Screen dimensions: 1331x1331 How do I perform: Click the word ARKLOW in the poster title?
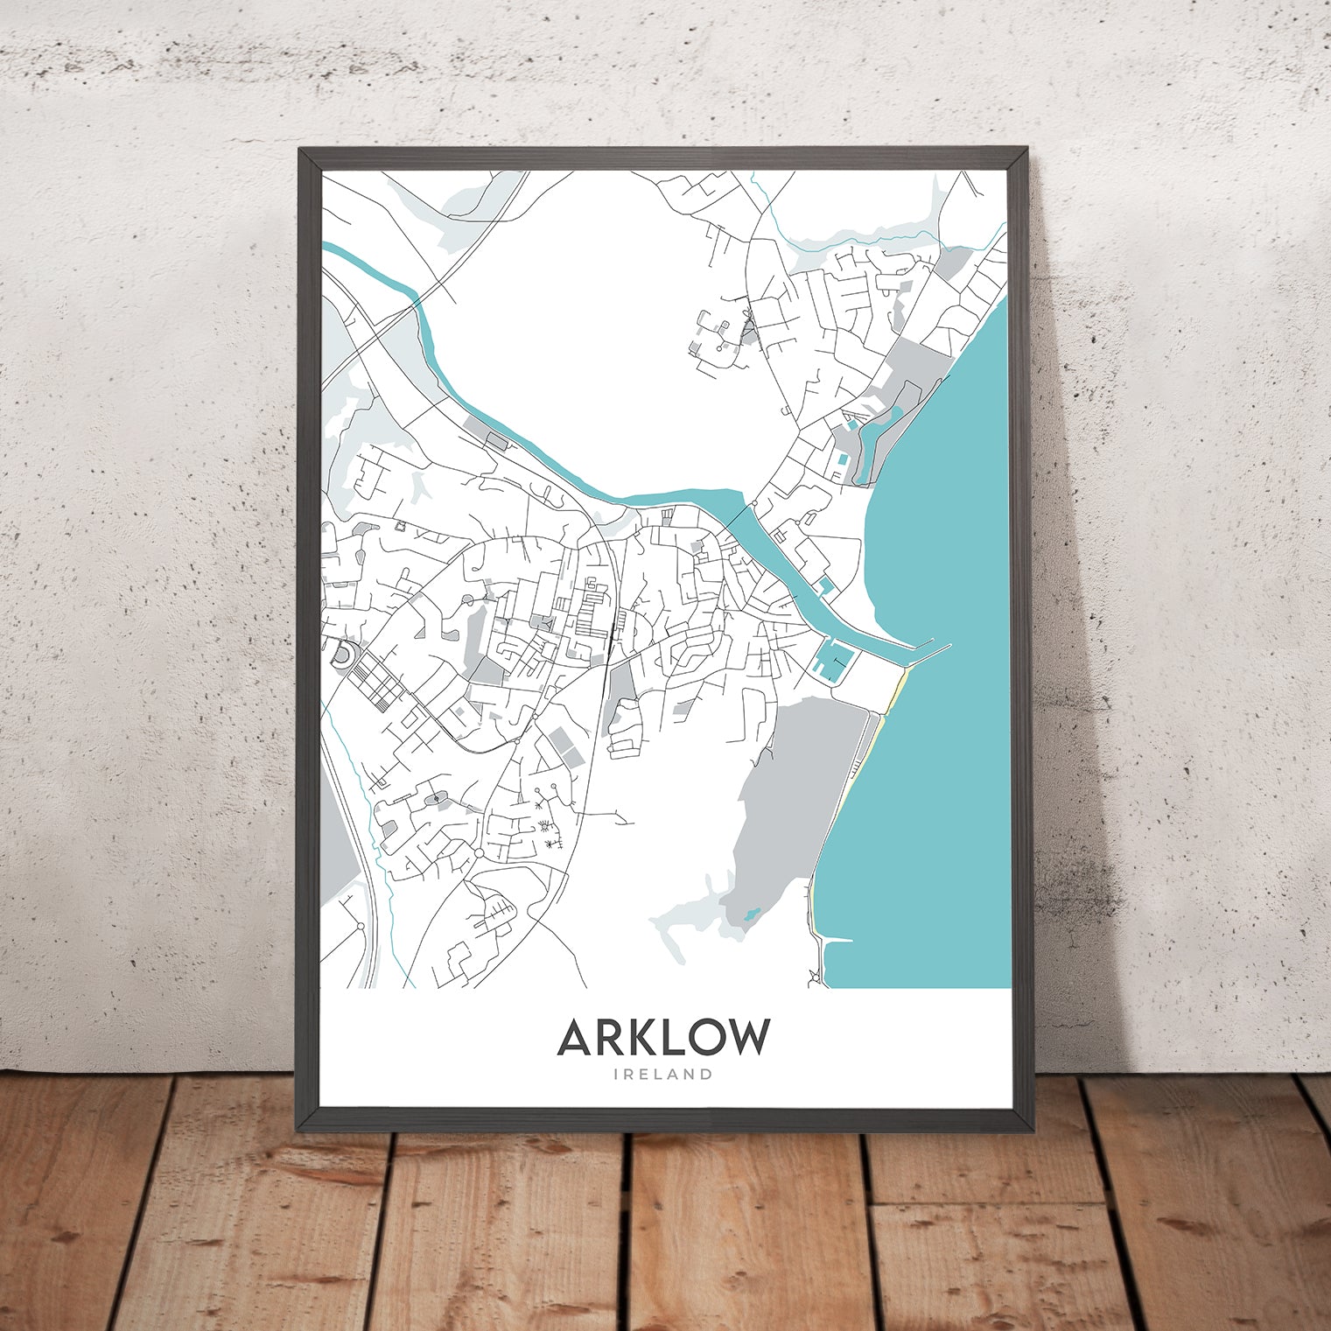pyautogui.click(x=663, y=1038)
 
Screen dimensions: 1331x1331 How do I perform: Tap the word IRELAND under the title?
pyautogui.click(x=663, y=1075)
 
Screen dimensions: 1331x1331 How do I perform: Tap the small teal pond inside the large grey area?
pyautogui.click(x=749, y=915)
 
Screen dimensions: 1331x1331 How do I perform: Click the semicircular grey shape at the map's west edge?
pyautogui.click(x=342, y=654)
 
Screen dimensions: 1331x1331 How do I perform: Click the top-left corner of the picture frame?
pyautogui.click(x=302, y=151)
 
